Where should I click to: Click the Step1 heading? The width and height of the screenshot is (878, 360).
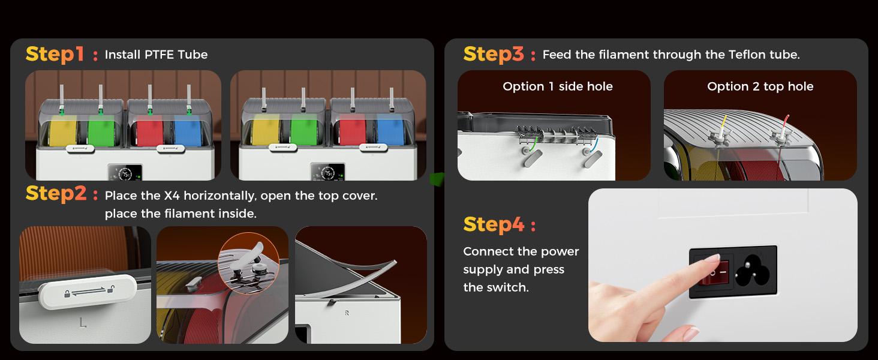55,54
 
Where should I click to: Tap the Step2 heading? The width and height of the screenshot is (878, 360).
56,194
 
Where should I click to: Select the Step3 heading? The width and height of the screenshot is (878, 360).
494,54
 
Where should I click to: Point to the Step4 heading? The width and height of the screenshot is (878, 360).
494,225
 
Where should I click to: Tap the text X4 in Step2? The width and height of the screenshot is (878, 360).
172,195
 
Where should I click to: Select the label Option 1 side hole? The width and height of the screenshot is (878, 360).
557,86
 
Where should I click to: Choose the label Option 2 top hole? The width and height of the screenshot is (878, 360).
760,86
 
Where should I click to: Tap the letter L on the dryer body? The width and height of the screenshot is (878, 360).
82,323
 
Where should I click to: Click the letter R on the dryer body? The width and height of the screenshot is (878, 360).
347,313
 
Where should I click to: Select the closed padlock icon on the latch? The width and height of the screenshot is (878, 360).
67,293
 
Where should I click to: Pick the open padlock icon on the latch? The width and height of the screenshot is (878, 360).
112,289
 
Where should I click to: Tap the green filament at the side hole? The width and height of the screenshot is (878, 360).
533,143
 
